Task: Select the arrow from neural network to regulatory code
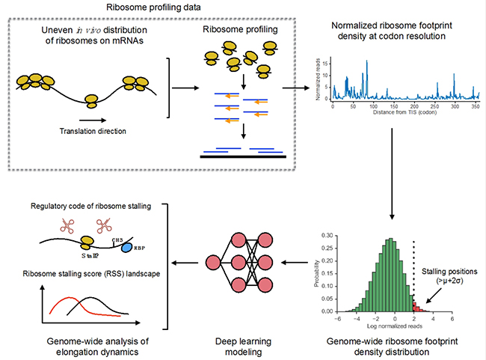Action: [191, 263]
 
